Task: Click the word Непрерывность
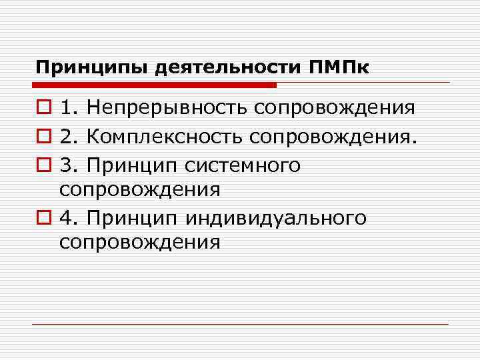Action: coord(167,108)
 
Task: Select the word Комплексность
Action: coord(166,136)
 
